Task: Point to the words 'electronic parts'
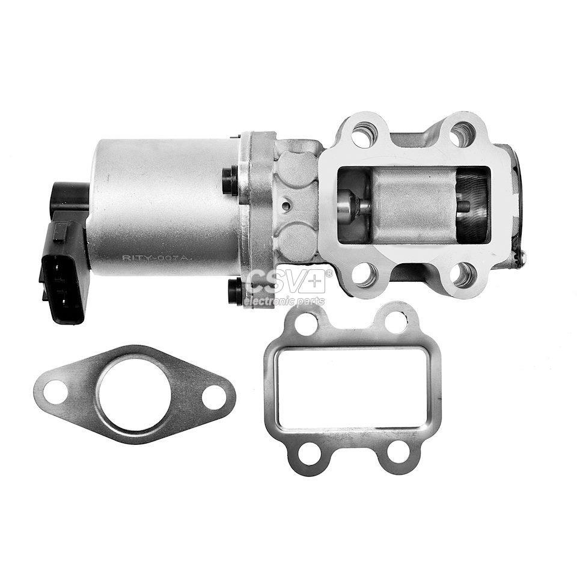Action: point(284,301)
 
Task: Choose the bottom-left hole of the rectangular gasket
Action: point(308,452)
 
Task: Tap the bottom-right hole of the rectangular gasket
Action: point(397,451)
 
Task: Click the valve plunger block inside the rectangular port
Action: point(412,205)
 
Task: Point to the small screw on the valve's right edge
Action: point(522,257)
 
